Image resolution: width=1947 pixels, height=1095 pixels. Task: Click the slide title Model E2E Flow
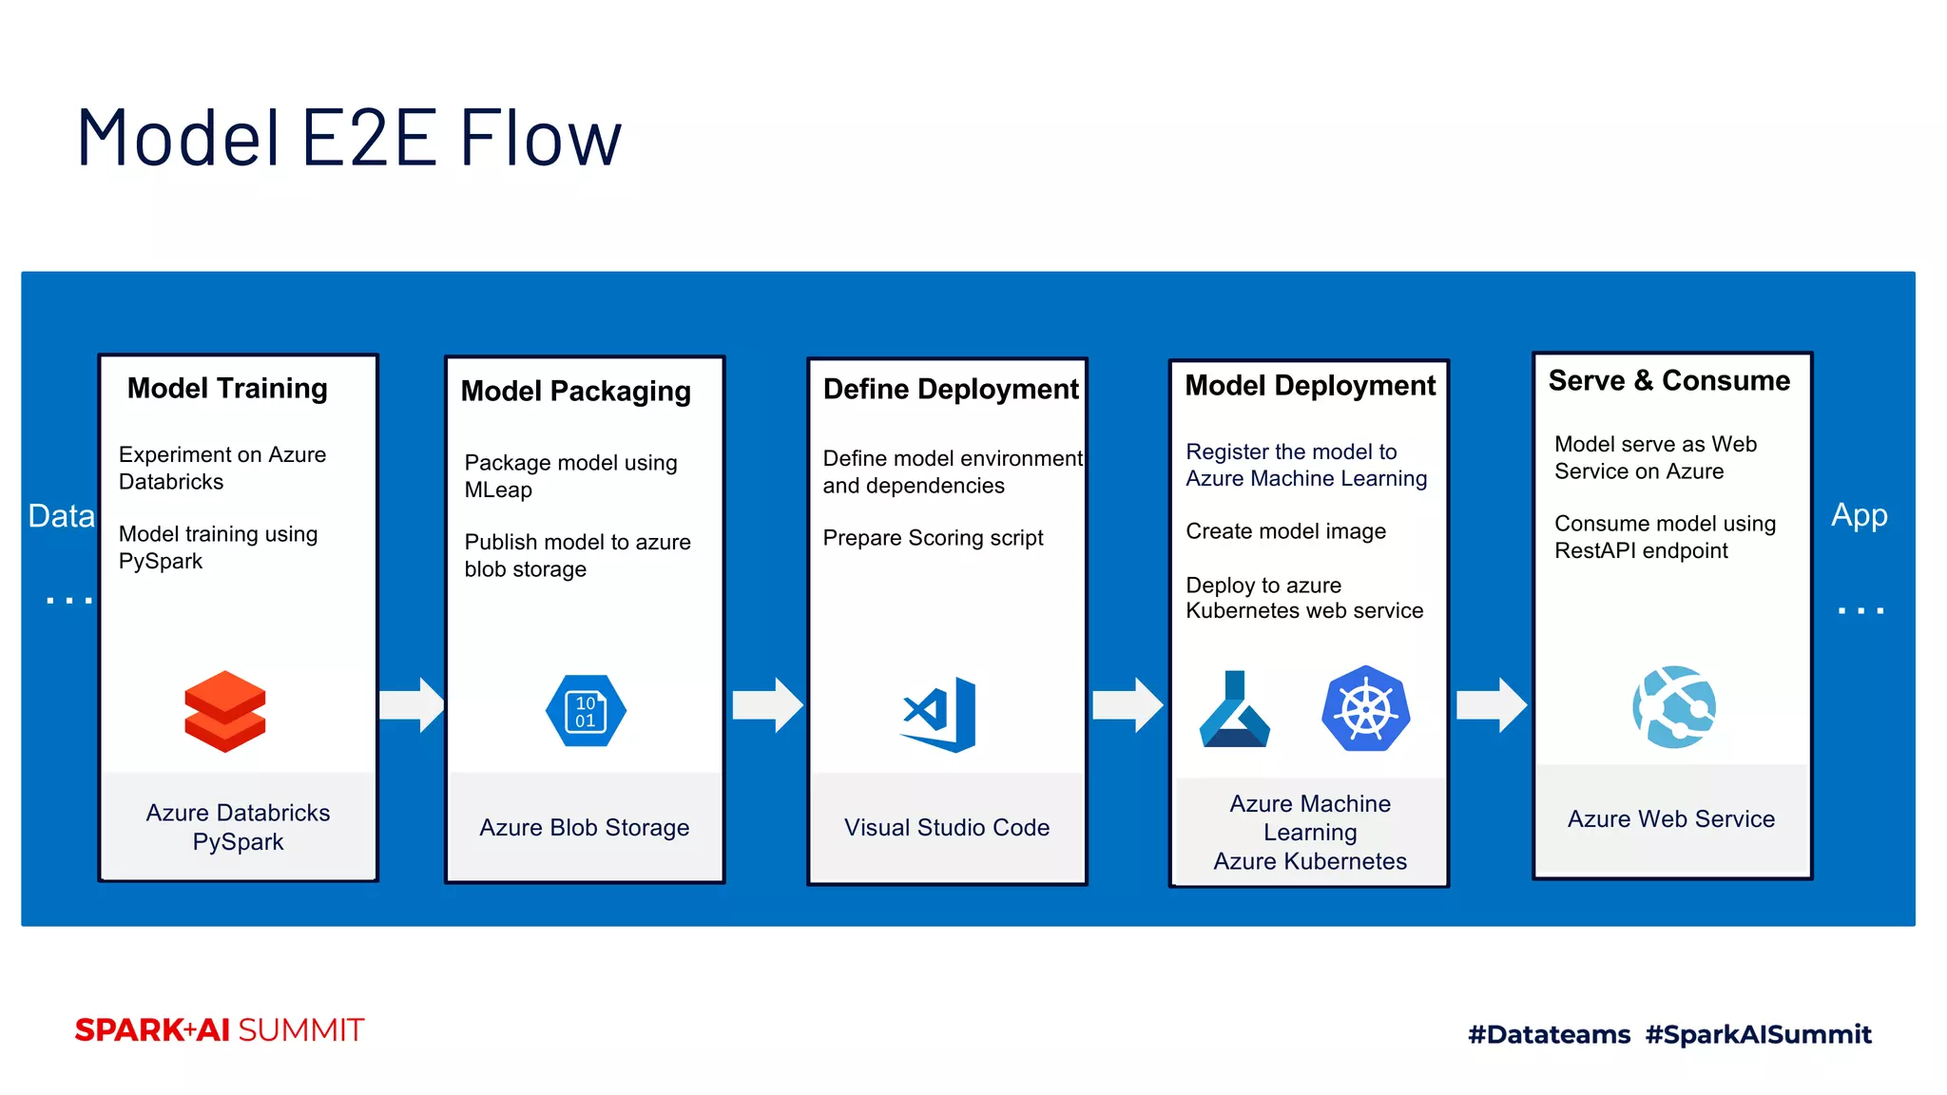point(349,139)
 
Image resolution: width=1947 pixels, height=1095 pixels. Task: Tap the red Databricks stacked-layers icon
point(225,712)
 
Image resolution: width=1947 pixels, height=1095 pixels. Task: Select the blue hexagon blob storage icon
point(586,711)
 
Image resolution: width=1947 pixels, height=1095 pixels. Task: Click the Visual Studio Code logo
point(940,714)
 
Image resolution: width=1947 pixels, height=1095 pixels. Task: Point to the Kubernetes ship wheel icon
point(1365,709)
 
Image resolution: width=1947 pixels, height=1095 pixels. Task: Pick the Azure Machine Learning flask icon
point(1234,710)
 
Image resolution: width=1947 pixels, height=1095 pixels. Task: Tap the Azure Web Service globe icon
point(1674,706)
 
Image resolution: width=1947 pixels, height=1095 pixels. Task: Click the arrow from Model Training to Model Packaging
point(412,705)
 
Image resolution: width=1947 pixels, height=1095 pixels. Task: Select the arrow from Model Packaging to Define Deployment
point(767,705)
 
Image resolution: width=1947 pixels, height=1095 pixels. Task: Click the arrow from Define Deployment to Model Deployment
point(1128,705)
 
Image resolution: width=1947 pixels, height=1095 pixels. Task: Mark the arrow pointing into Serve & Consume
point(1492,705)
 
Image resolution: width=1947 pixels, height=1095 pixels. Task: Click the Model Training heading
point(227,388)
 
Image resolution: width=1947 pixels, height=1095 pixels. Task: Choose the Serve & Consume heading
point(1668,380)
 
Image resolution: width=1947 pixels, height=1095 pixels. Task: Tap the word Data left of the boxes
point(61,516)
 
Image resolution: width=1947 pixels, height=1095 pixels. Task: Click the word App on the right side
point(1859,515)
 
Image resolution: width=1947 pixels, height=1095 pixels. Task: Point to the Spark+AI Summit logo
point(220,1030)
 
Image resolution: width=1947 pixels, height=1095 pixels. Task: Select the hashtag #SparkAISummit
point(1758,1034)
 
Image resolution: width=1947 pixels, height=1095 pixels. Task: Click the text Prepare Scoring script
point(933,538)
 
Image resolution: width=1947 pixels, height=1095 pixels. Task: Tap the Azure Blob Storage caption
point(584,828)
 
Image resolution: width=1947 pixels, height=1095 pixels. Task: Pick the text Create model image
point(1285,531)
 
